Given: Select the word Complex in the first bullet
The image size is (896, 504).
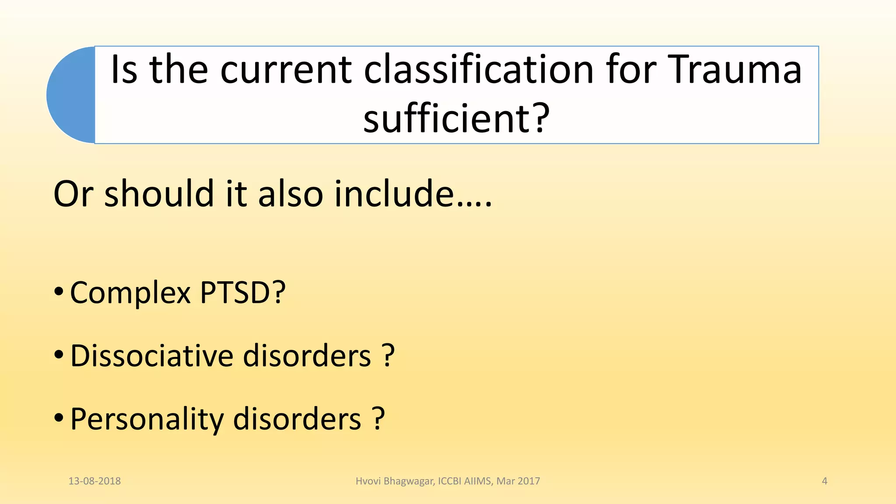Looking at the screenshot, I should click(130, 292).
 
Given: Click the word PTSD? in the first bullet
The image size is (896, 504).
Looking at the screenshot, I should click(243, 292).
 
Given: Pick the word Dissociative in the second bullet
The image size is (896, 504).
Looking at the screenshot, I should click(151, 355).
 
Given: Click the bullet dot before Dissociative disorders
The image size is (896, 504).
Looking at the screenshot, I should click(59, 354).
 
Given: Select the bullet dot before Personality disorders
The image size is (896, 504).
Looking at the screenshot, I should click(59, 418).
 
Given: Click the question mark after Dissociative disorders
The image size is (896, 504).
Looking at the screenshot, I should click(388, 355).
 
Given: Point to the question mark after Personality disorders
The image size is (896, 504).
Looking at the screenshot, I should click(378, 419).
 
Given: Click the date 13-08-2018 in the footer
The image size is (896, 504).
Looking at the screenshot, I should click(94, 481).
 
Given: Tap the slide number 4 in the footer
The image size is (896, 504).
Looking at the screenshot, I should click(825, 481).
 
